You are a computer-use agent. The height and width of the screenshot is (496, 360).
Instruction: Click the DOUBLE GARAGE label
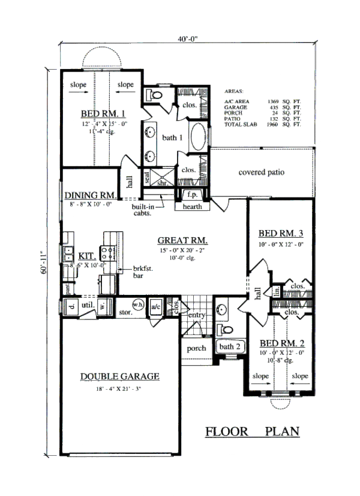pyautogui.click(x=120, y=377)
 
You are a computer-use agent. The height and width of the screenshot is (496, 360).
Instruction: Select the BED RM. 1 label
pyautogui.click(x=103, y=113)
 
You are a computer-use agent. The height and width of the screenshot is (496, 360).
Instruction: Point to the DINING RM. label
pyautogui.click(x=90, y=195)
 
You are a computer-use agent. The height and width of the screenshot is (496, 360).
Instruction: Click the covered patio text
pyautogui.click(x=261, y=172)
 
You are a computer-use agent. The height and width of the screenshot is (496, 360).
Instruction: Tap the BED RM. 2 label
pyautogui.click(x=282, y=343)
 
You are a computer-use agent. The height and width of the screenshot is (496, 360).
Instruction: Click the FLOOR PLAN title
pyautogui.click(x=252, y=431)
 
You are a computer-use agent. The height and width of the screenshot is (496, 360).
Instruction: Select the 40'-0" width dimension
pyautogui.click(x=188, y=38)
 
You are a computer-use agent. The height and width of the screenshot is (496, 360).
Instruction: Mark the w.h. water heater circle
pyautogui.click(x=137, y=304)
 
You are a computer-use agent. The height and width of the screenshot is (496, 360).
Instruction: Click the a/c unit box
pyautogui.click(x=155, y=306)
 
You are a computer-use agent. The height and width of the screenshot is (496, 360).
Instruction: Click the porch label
pyautogui.click(x=196, y=348)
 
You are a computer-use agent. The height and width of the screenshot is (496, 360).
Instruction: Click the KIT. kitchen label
pyautogui.click(x=70, y=255)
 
